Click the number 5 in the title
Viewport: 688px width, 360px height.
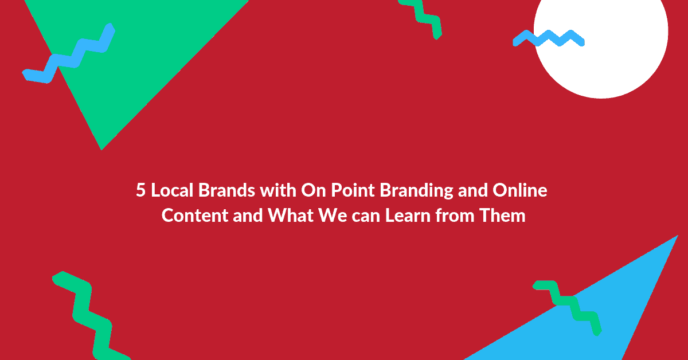coord(140,191)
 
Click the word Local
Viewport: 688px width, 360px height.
coord(170,191)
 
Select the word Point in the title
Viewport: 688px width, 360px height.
coord(349,191)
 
